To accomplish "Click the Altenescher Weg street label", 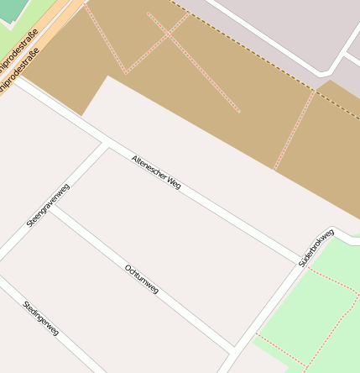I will (x=156, y=171).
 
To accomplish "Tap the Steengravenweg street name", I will (x=48, y=205).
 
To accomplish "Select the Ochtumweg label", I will (x=141, y=279).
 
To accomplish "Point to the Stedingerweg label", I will (x=40, y=318).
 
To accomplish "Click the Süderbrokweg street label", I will (x=316, y=247).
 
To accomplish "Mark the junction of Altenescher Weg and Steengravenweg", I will (x=107, y=143).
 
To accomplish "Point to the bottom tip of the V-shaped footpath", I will (x=126, y=73).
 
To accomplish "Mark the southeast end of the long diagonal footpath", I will (x=240, y=111).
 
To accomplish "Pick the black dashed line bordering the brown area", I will (x=252, y=51).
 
